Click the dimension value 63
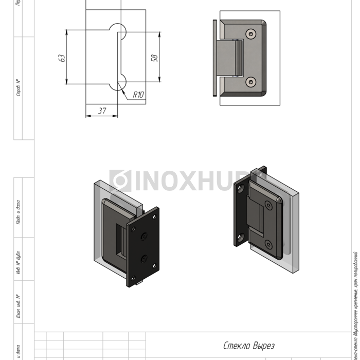point(61,58)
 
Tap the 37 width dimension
point(102,110)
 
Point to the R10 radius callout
point(138,95)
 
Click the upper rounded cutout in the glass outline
point(117,29)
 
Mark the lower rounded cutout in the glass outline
point(118,84)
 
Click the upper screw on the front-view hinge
point(250,35)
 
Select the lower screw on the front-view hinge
point(250,81)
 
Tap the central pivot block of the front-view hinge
point(230,58)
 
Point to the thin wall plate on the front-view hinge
point(214,58)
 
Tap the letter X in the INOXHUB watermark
point(187,181)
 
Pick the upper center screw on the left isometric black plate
point(143,237)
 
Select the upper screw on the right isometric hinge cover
point(268,206)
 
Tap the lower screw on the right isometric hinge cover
point(268,244)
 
